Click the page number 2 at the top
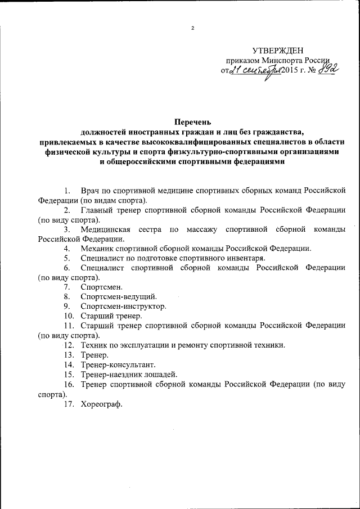[x=192, y=28]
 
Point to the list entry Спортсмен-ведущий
[x=119, y=296]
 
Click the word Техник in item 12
[x=94, y=345]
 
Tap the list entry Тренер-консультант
[x=116, y=364]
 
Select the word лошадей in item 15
[x=161, y=374]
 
